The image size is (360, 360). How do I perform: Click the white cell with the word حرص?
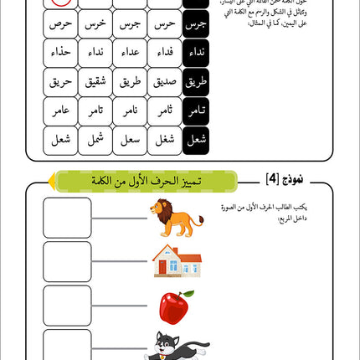(60, 23)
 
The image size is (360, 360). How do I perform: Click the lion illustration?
(177, 218)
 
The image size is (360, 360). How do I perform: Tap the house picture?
(177, 261)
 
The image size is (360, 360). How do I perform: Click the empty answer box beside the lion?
(67, 218)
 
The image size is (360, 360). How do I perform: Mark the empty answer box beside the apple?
(67, 306)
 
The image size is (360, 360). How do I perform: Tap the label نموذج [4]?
(261, 180)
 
